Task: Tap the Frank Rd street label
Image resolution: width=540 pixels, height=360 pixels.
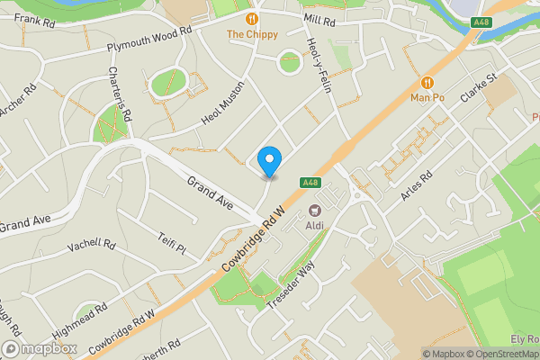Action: [x=30, y=19]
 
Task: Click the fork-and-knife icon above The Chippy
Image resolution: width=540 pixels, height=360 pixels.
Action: [x=252, y=18]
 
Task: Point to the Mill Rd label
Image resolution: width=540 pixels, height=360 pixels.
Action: [x=319, y=18]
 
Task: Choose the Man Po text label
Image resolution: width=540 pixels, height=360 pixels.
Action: [x=428, y=96]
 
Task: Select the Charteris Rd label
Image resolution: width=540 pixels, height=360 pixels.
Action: [x=121, y=94]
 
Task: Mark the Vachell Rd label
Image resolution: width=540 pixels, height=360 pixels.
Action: [x=92, y=245]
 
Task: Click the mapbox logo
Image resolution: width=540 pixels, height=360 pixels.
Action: [x=38, y=348]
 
